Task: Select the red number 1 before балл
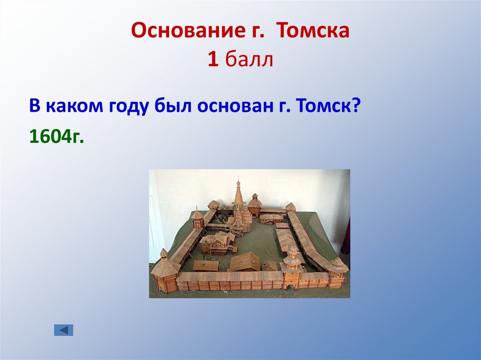pyautogui.click(x=213, y=60)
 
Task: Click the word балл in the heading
pyautogui.click(x=249, y=60)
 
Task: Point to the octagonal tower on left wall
pyautogui.click(x=198, y=219)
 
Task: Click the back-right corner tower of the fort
pyautogui.click(x=290, y=208)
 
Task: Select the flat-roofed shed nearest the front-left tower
pyautogui.click(x=206, y=266)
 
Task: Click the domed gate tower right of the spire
pyautogui.click(x=255, y=205)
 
